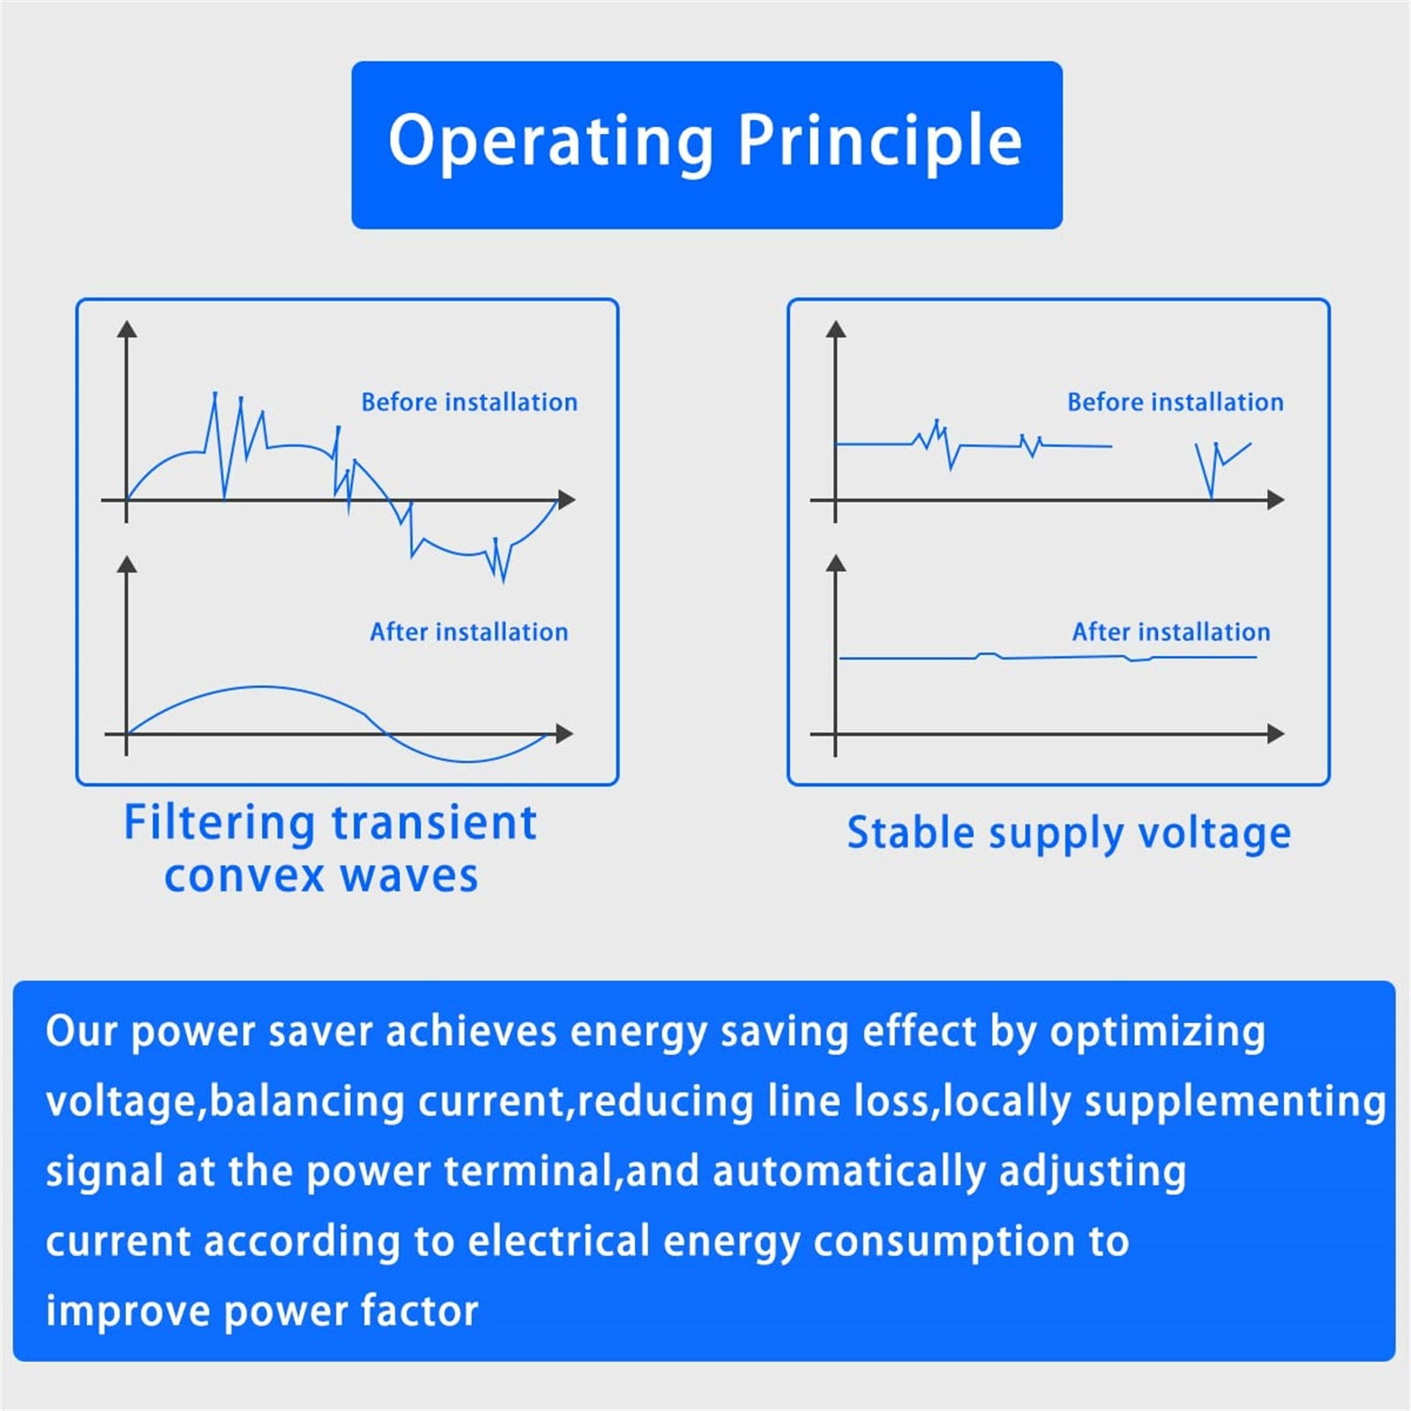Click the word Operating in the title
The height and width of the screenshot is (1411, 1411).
point(551,141)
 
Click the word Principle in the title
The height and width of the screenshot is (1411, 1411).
point(880,140)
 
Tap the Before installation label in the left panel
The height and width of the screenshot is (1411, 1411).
point(469,402)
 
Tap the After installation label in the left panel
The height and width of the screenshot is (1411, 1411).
point(469,631)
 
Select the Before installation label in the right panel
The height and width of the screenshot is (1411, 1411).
point(1176,402)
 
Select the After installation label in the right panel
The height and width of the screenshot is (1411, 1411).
point(1171,631)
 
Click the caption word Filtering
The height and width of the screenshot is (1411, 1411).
point(219,824)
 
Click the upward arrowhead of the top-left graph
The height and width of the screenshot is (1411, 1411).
point(127,329)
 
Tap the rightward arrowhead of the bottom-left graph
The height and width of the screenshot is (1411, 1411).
point(564,734)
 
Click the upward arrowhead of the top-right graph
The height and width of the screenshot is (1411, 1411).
point(836,329)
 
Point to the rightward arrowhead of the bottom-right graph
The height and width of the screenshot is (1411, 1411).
point(1275,734)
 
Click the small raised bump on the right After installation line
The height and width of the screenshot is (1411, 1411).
point(989,654)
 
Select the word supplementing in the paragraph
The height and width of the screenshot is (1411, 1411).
point(1235,1102)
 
